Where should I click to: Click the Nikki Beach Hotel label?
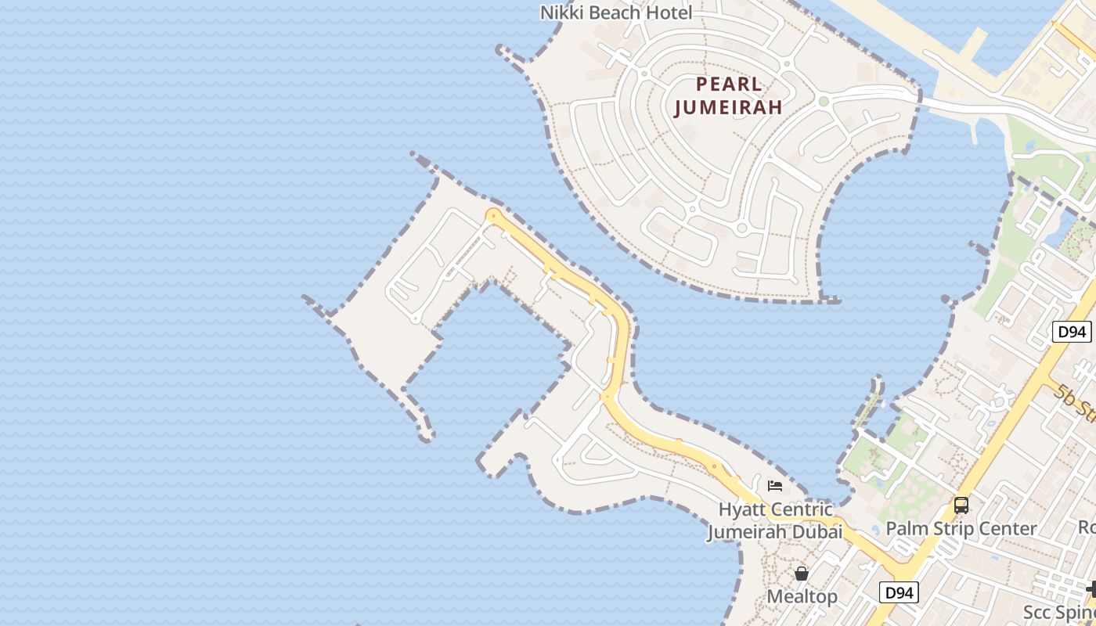pos(617,13)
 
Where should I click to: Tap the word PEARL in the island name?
pos(729,84)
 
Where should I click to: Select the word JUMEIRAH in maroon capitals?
pos(728,107)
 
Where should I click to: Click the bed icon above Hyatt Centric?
pos(775,486)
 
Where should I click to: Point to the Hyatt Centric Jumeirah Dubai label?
pos(775,521)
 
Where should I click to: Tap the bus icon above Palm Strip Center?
pos(961,505)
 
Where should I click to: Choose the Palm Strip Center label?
pos(961,529)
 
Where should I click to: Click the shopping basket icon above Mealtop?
pos(802,574)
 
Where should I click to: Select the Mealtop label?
pos(802,596)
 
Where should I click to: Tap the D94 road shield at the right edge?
pos(1071,332)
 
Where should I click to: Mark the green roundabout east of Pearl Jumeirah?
pos(823,101)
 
